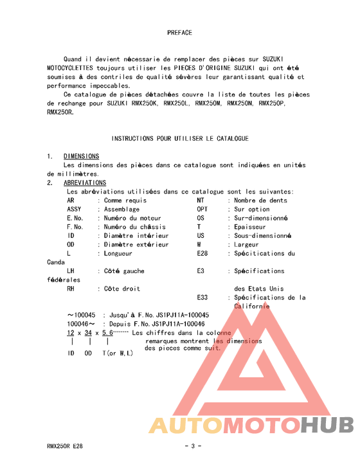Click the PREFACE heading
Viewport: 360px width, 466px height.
tap(179, 32)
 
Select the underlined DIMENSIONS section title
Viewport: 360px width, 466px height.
tap(81, 156)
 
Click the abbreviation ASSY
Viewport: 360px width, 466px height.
tap(74, 210)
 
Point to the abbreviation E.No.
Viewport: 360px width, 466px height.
tap(75, 218)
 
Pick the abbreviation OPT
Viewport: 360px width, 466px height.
tap(202, 210)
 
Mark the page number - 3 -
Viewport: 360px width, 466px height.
tap(193, 446)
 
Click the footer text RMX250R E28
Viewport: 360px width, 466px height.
tap(64, 446)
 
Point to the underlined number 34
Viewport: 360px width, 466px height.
tap(87, 333)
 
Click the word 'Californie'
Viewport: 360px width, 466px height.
tap(252, 306)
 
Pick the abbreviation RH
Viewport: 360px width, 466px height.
tap(71, 289)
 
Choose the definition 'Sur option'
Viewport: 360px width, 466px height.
tap(252, 210)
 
